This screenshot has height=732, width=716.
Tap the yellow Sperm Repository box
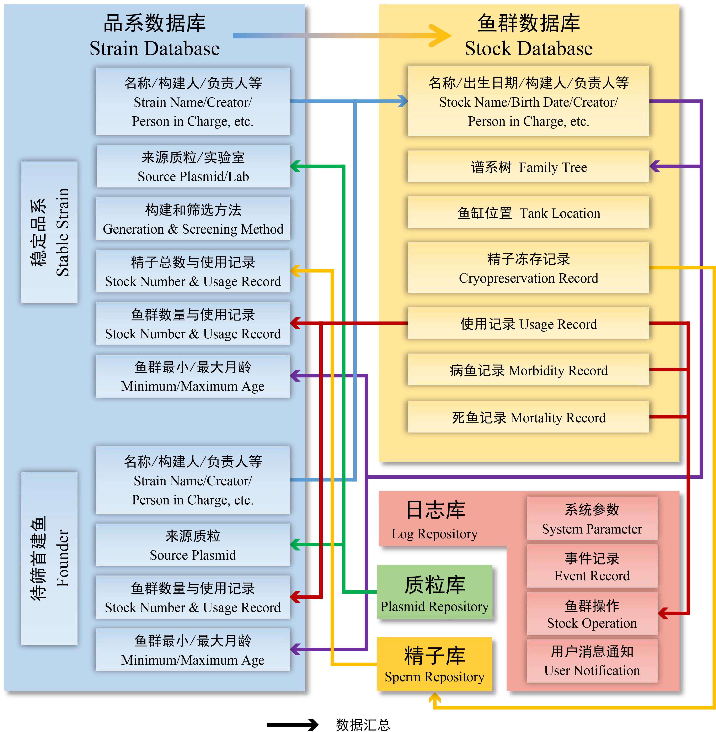pyautogui.click(x=434, y=664)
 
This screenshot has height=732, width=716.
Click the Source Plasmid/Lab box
pyautogui.click(x=193, y=167)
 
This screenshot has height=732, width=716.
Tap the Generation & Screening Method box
pyautogui.click(x=193, y=219)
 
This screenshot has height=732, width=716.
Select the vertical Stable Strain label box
pyautogui.click(x=49, y=232)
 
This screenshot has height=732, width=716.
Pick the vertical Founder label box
pyautogui.click(x=49, y=559)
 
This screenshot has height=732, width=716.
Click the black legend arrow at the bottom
pyautogui.click(x=293, y=725)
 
